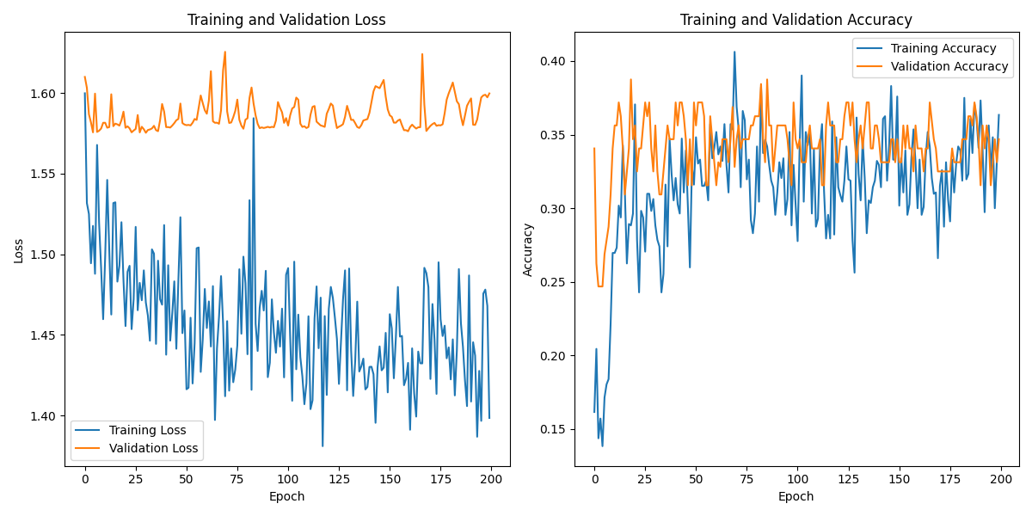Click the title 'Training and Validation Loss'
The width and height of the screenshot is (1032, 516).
(286, 20)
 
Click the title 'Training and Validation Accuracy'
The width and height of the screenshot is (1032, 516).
(796, 20)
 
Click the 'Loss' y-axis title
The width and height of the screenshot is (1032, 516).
(18, 250)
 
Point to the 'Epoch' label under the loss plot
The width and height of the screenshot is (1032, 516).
(286, 496)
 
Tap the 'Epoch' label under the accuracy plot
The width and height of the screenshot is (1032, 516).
(796, 496)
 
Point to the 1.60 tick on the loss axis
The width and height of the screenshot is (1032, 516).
(43, 94)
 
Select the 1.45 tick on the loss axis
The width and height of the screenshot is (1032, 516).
(43, 335)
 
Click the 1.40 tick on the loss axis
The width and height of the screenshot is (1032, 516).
(43, 416)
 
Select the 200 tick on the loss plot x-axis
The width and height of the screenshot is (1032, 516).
(491, 478)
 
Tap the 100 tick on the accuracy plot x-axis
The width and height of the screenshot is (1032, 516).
(797, 478)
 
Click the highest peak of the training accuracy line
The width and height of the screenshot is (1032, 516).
(734, 52)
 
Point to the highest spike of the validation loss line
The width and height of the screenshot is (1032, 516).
(225, 52)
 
